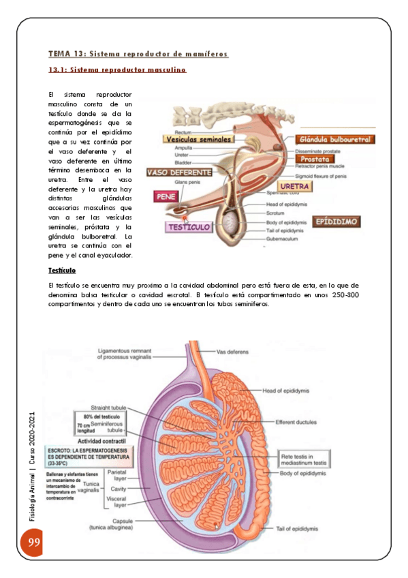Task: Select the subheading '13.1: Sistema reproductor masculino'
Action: pos(118,70)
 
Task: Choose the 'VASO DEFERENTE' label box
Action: pos(179,172)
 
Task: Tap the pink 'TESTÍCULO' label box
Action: pos(189,227)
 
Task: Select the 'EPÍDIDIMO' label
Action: pos(337,222)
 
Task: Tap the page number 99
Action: pos(33,543)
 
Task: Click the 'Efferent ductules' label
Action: pos(296,422)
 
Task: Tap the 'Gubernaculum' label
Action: pos(281,239)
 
